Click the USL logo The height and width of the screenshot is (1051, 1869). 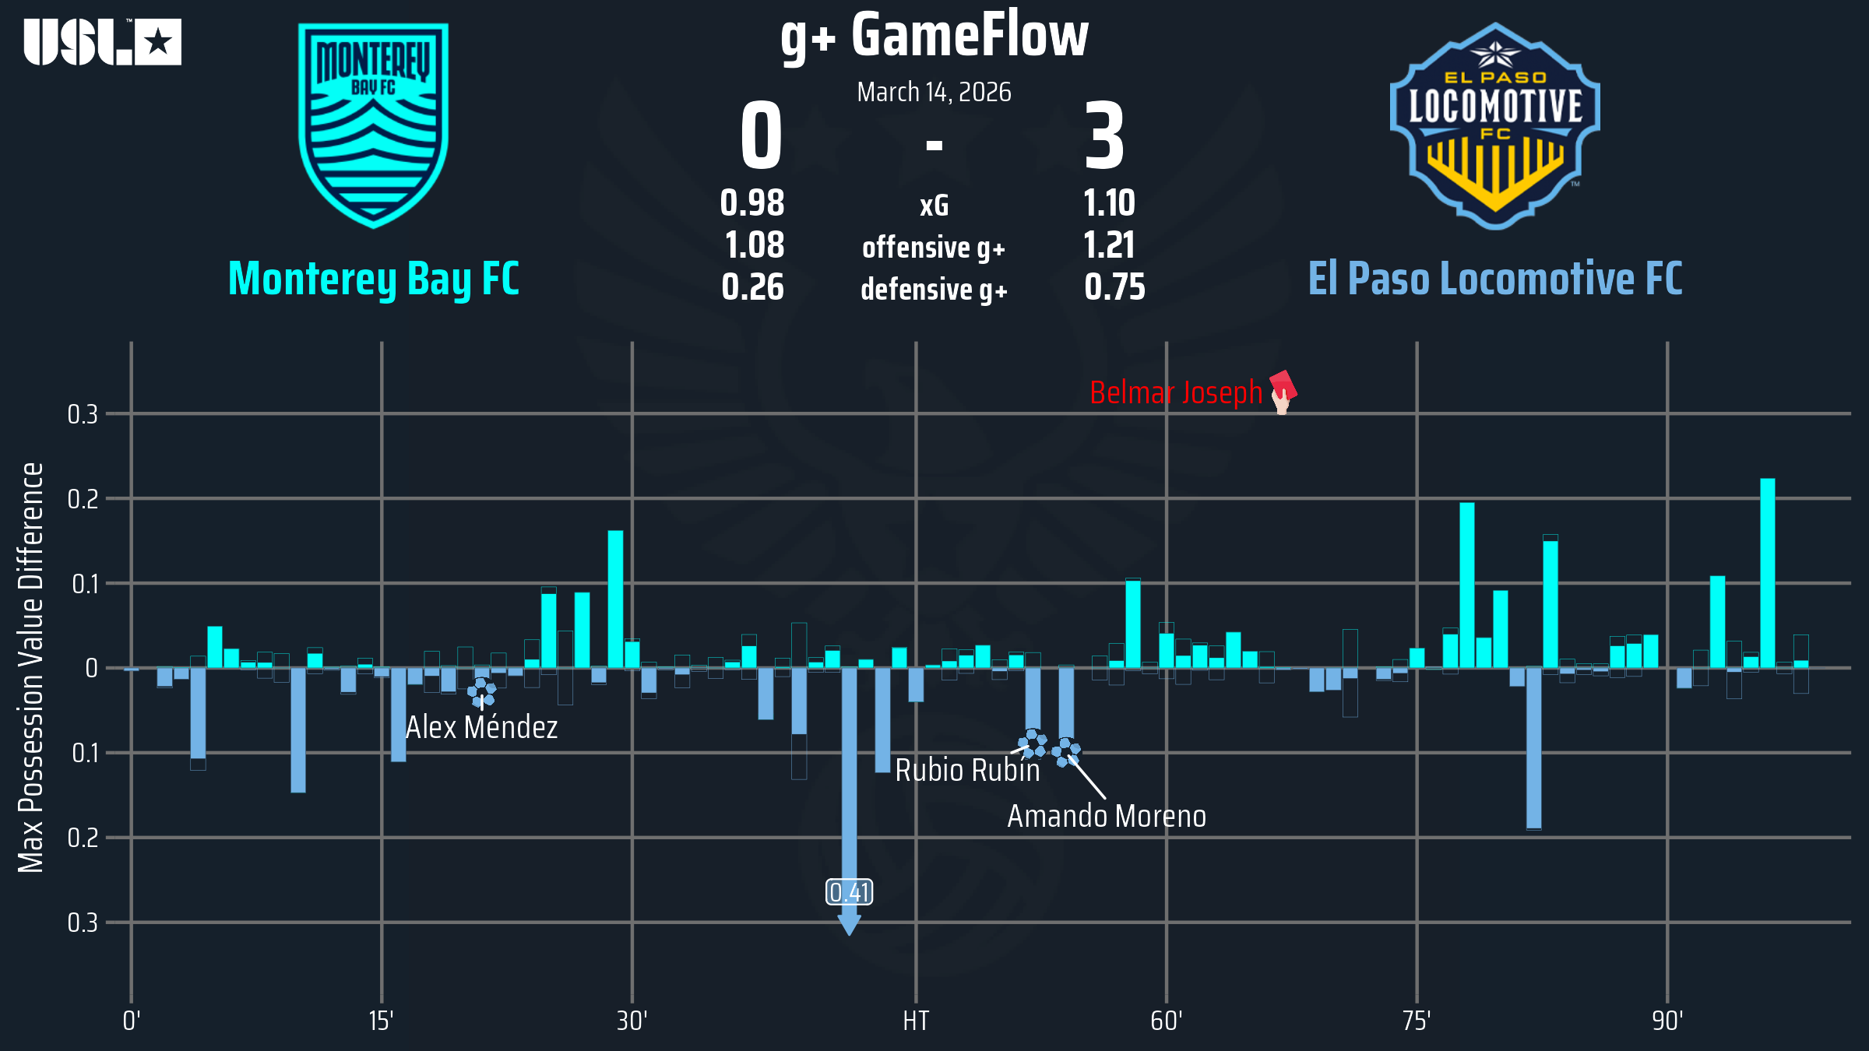pos(102,42)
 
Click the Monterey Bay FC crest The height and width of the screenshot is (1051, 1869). pos(374,125)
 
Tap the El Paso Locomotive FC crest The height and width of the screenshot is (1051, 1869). pos(1495,126)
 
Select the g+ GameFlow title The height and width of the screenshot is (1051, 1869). pos(935,36)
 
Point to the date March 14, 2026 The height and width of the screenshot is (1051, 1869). pos(935,93)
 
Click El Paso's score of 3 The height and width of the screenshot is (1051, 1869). pos(1105,137)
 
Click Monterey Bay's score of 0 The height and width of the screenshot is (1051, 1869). pos(761,137)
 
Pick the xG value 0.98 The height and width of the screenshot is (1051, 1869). pos(752,204)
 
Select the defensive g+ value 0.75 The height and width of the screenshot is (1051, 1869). pos(1114,288)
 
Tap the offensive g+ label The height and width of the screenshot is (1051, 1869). pos(935,248)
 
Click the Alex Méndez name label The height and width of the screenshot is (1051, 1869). pos(482,728)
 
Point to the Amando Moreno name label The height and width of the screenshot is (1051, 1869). pos(1107,817)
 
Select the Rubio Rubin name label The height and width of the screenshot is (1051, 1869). pos(967,771)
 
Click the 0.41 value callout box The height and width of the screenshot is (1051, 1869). pos(850,892)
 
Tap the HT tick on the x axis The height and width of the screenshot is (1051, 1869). pos(916,1021)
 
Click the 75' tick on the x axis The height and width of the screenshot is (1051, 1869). pos(1417,1021)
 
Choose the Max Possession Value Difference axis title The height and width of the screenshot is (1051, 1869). pos(31,667)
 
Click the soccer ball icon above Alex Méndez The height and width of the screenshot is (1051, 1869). pos(481,691)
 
